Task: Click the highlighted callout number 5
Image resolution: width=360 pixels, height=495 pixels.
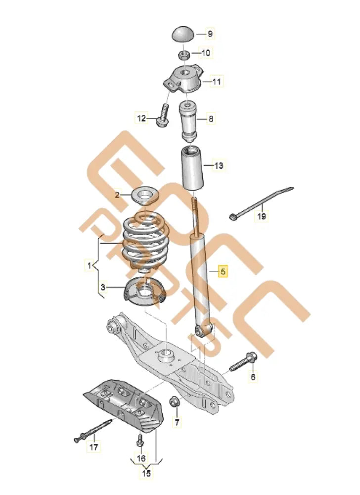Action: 223,271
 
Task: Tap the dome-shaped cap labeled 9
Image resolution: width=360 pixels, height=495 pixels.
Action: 183,35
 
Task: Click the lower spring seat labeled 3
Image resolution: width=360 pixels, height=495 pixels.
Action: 144,293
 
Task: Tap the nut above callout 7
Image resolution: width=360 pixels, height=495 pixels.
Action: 174,401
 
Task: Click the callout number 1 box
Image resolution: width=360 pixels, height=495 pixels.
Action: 90,266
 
